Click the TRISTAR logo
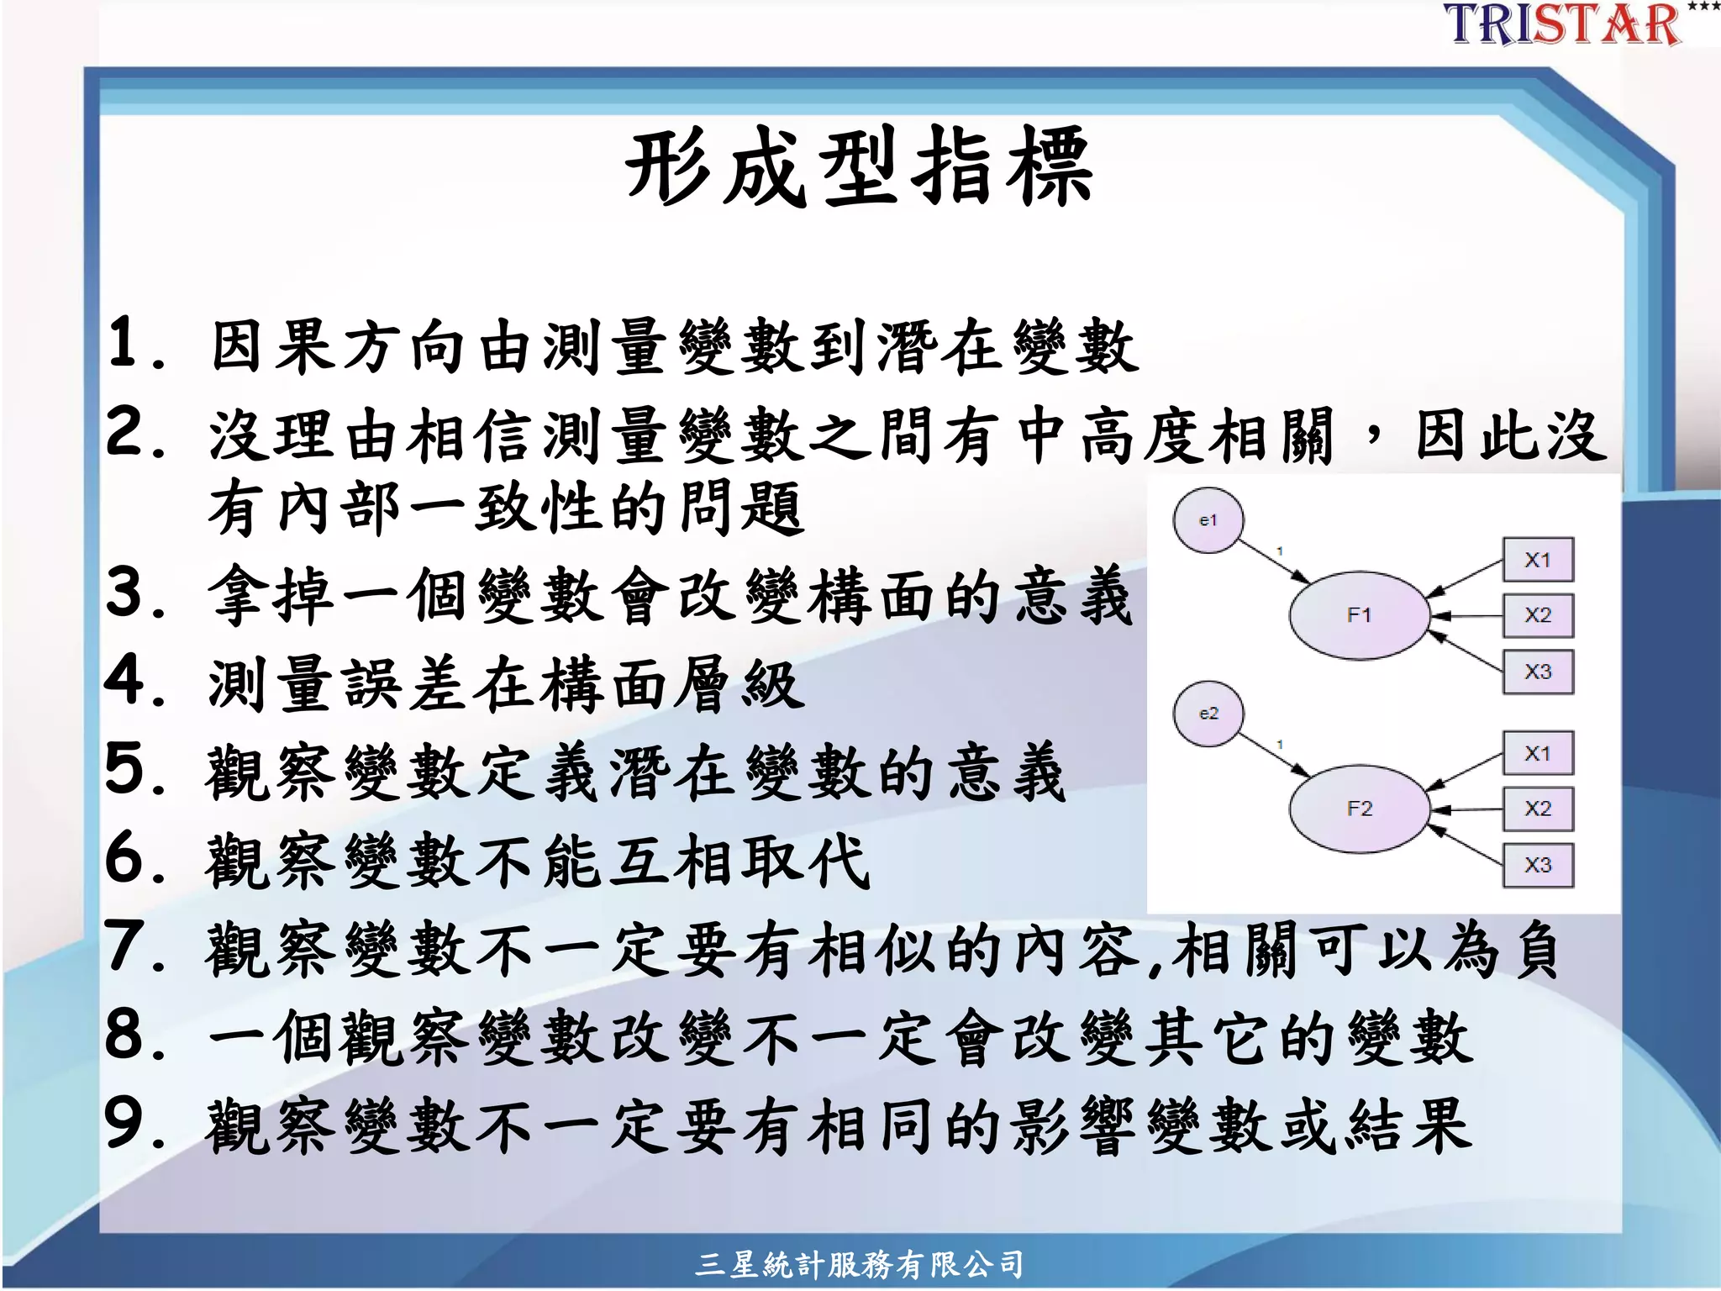(1563, 24)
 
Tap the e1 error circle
(1208, 520)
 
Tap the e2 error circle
(1208, 714)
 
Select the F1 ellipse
(1359, 615)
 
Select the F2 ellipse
(1359, 809)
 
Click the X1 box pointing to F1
(1538, 560)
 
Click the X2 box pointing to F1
(1538, 615)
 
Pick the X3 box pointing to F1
(1538, 672)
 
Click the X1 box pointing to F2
(1538, 753)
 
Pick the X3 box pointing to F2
(1538, 865)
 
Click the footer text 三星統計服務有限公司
(859, 1264)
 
